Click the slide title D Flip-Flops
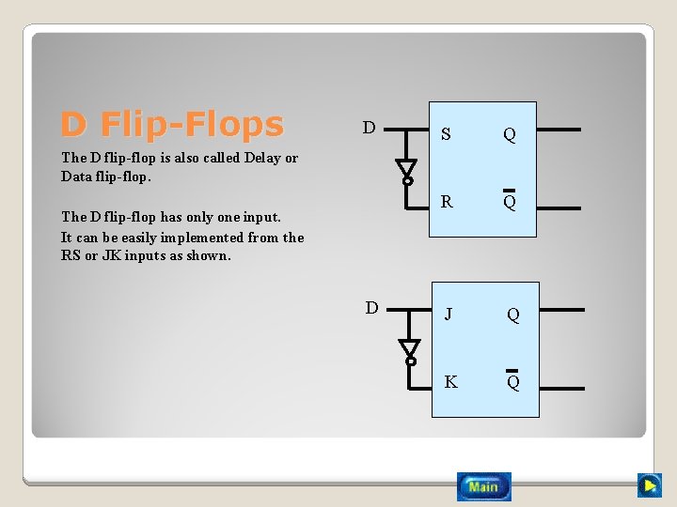[x=172, y=124]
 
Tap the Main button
[x=484, y=486]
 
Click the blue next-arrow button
[x=649, y=485]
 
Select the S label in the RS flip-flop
[x=446, y=134]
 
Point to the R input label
[x=447, y=201]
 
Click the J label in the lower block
[x=449, y=315]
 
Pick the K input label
[x=450, y=381]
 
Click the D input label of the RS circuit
[x=370, y=128]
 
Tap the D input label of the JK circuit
[x=372, y=308]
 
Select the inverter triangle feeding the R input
[x=406, y=170]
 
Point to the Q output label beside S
[x=509, y=134]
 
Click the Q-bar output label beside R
[x=509, y=201]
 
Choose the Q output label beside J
[x=513, y=315]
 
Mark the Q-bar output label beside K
[x=513, y=381]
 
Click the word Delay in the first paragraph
[x=262, y=158]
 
